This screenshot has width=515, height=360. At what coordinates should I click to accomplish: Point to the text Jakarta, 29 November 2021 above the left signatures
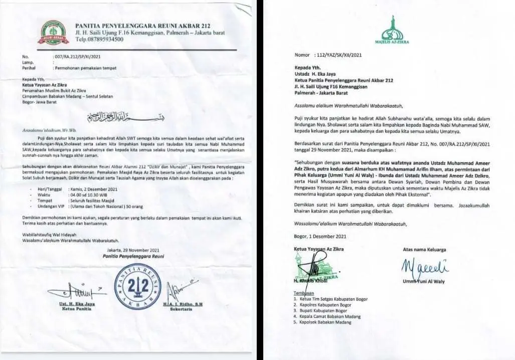(x=133, y=250)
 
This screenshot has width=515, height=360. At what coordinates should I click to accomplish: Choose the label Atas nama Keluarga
(x=424, y=249)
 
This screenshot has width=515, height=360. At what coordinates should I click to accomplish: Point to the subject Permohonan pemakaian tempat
(x=85, y=67)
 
